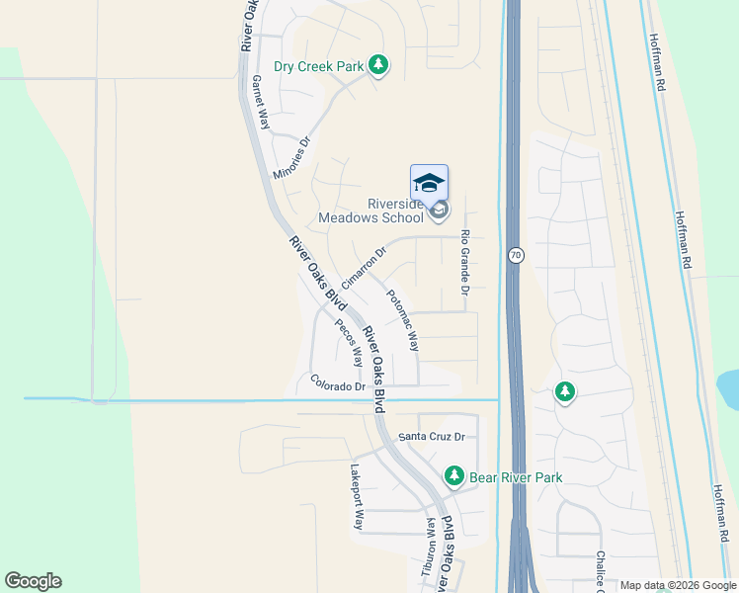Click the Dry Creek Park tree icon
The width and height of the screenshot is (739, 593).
377,65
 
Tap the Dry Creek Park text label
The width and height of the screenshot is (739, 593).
319,66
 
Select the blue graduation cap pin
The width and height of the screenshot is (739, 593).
429,184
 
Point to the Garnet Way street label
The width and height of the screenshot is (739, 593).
261,103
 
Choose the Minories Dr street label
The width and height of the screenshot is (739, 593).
292,157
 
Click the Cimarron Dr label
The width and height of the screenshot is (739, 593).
363,267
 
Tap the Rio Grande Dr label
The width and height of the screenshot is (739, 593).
464,264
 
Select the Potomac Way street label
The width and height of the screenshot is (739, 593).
403,320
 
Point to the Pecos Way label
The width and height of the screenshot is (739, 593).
348,342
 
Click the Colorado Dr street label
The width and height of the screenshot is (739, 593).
337,383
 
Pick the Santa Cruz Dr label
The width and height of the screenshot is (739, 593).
431,436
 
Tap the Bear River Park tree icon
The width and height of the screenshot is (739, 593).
453,476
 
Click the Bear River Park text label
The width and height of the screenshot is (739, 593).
516,477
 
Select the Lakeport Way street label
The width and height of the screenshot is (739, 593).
357,497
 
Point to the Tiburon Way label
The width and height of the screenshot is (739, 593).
431,544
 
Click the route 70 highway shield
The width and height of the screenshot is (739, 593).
515,255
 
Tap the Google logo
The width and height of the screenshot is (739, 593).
33,581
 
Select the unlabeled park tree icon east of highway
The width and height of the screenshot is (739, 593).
564,392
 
